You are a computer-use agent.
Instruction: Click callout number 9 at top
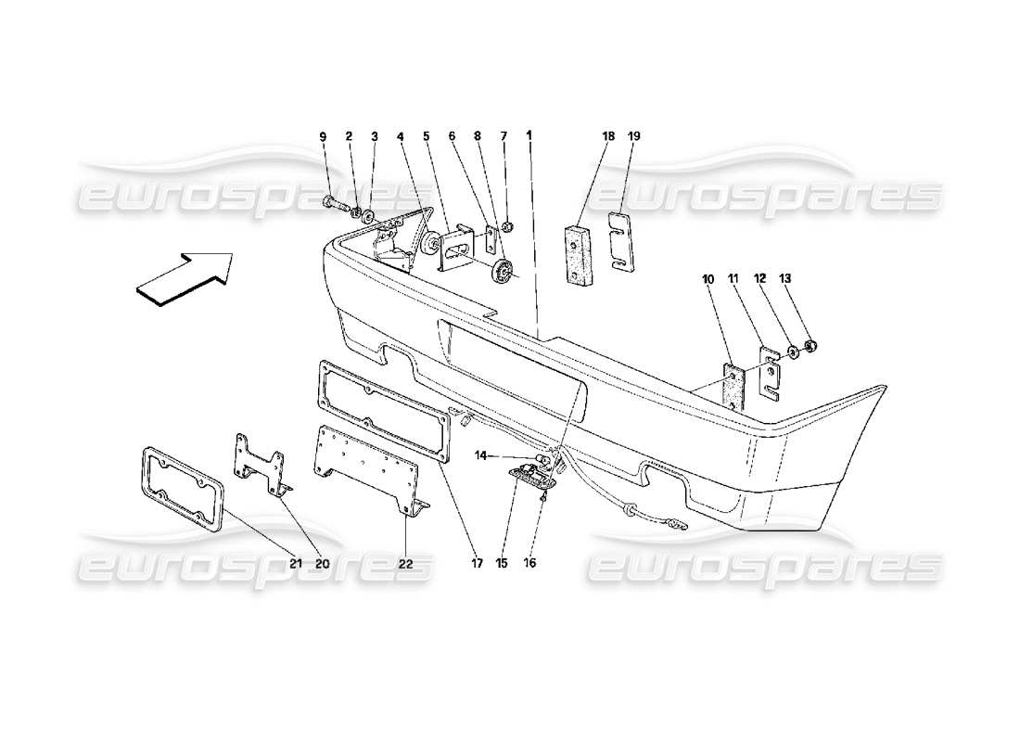coord(324,136)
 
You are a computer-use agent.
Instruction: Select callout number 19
coord(635,136)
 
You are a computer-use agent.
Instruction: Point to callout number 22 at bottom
coord(406,561)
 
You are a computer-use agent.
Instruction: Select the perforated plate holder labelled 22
coord(366,470)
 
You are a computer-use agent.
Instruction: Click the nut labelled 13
coord(809,348)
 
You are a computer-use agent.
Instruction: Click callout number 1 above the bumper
coord(529,136)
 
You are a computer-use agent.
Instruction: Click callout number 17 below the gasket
coord(478,561)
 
